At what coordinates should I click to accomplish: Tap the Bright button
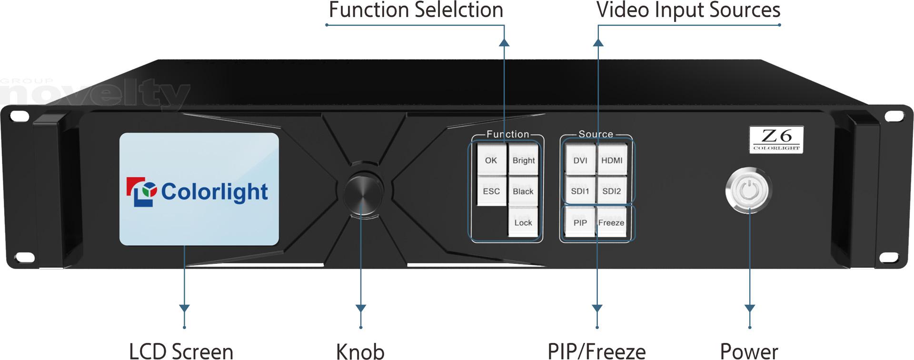click(524, 160)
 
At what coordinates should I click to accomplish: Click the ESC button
click(491, 191)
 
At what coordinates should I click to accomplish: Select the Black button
click(523, 191)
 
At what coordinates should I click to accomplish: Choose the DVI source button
click(580, 160)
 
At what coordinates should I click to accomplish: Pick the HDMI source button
click(612, 160)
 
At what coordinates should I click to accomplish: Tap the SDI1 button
click(580, 191)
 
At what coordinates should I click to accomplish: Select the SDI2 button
click(612, 191)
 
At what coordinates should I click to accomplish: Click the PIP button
click(580, 222)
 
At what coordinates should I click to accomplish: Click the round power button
click(749, 190)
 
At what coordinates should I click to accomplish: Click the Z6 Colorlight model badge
click(776, 140)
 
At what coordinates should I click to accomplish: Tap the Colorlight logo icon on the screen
click(141, 191)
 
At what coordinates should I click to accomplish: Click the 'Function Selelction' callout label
click(416, 10)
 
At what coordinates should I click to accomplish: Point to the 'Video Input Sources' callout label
click(688, 10)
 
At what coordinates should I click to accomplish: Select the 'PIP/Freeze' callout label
click(596, 351)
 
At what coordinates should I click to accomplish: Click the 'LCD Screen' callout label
click(181, 351)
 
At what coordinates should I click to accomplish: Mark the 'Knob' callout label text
click(360, 351)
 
